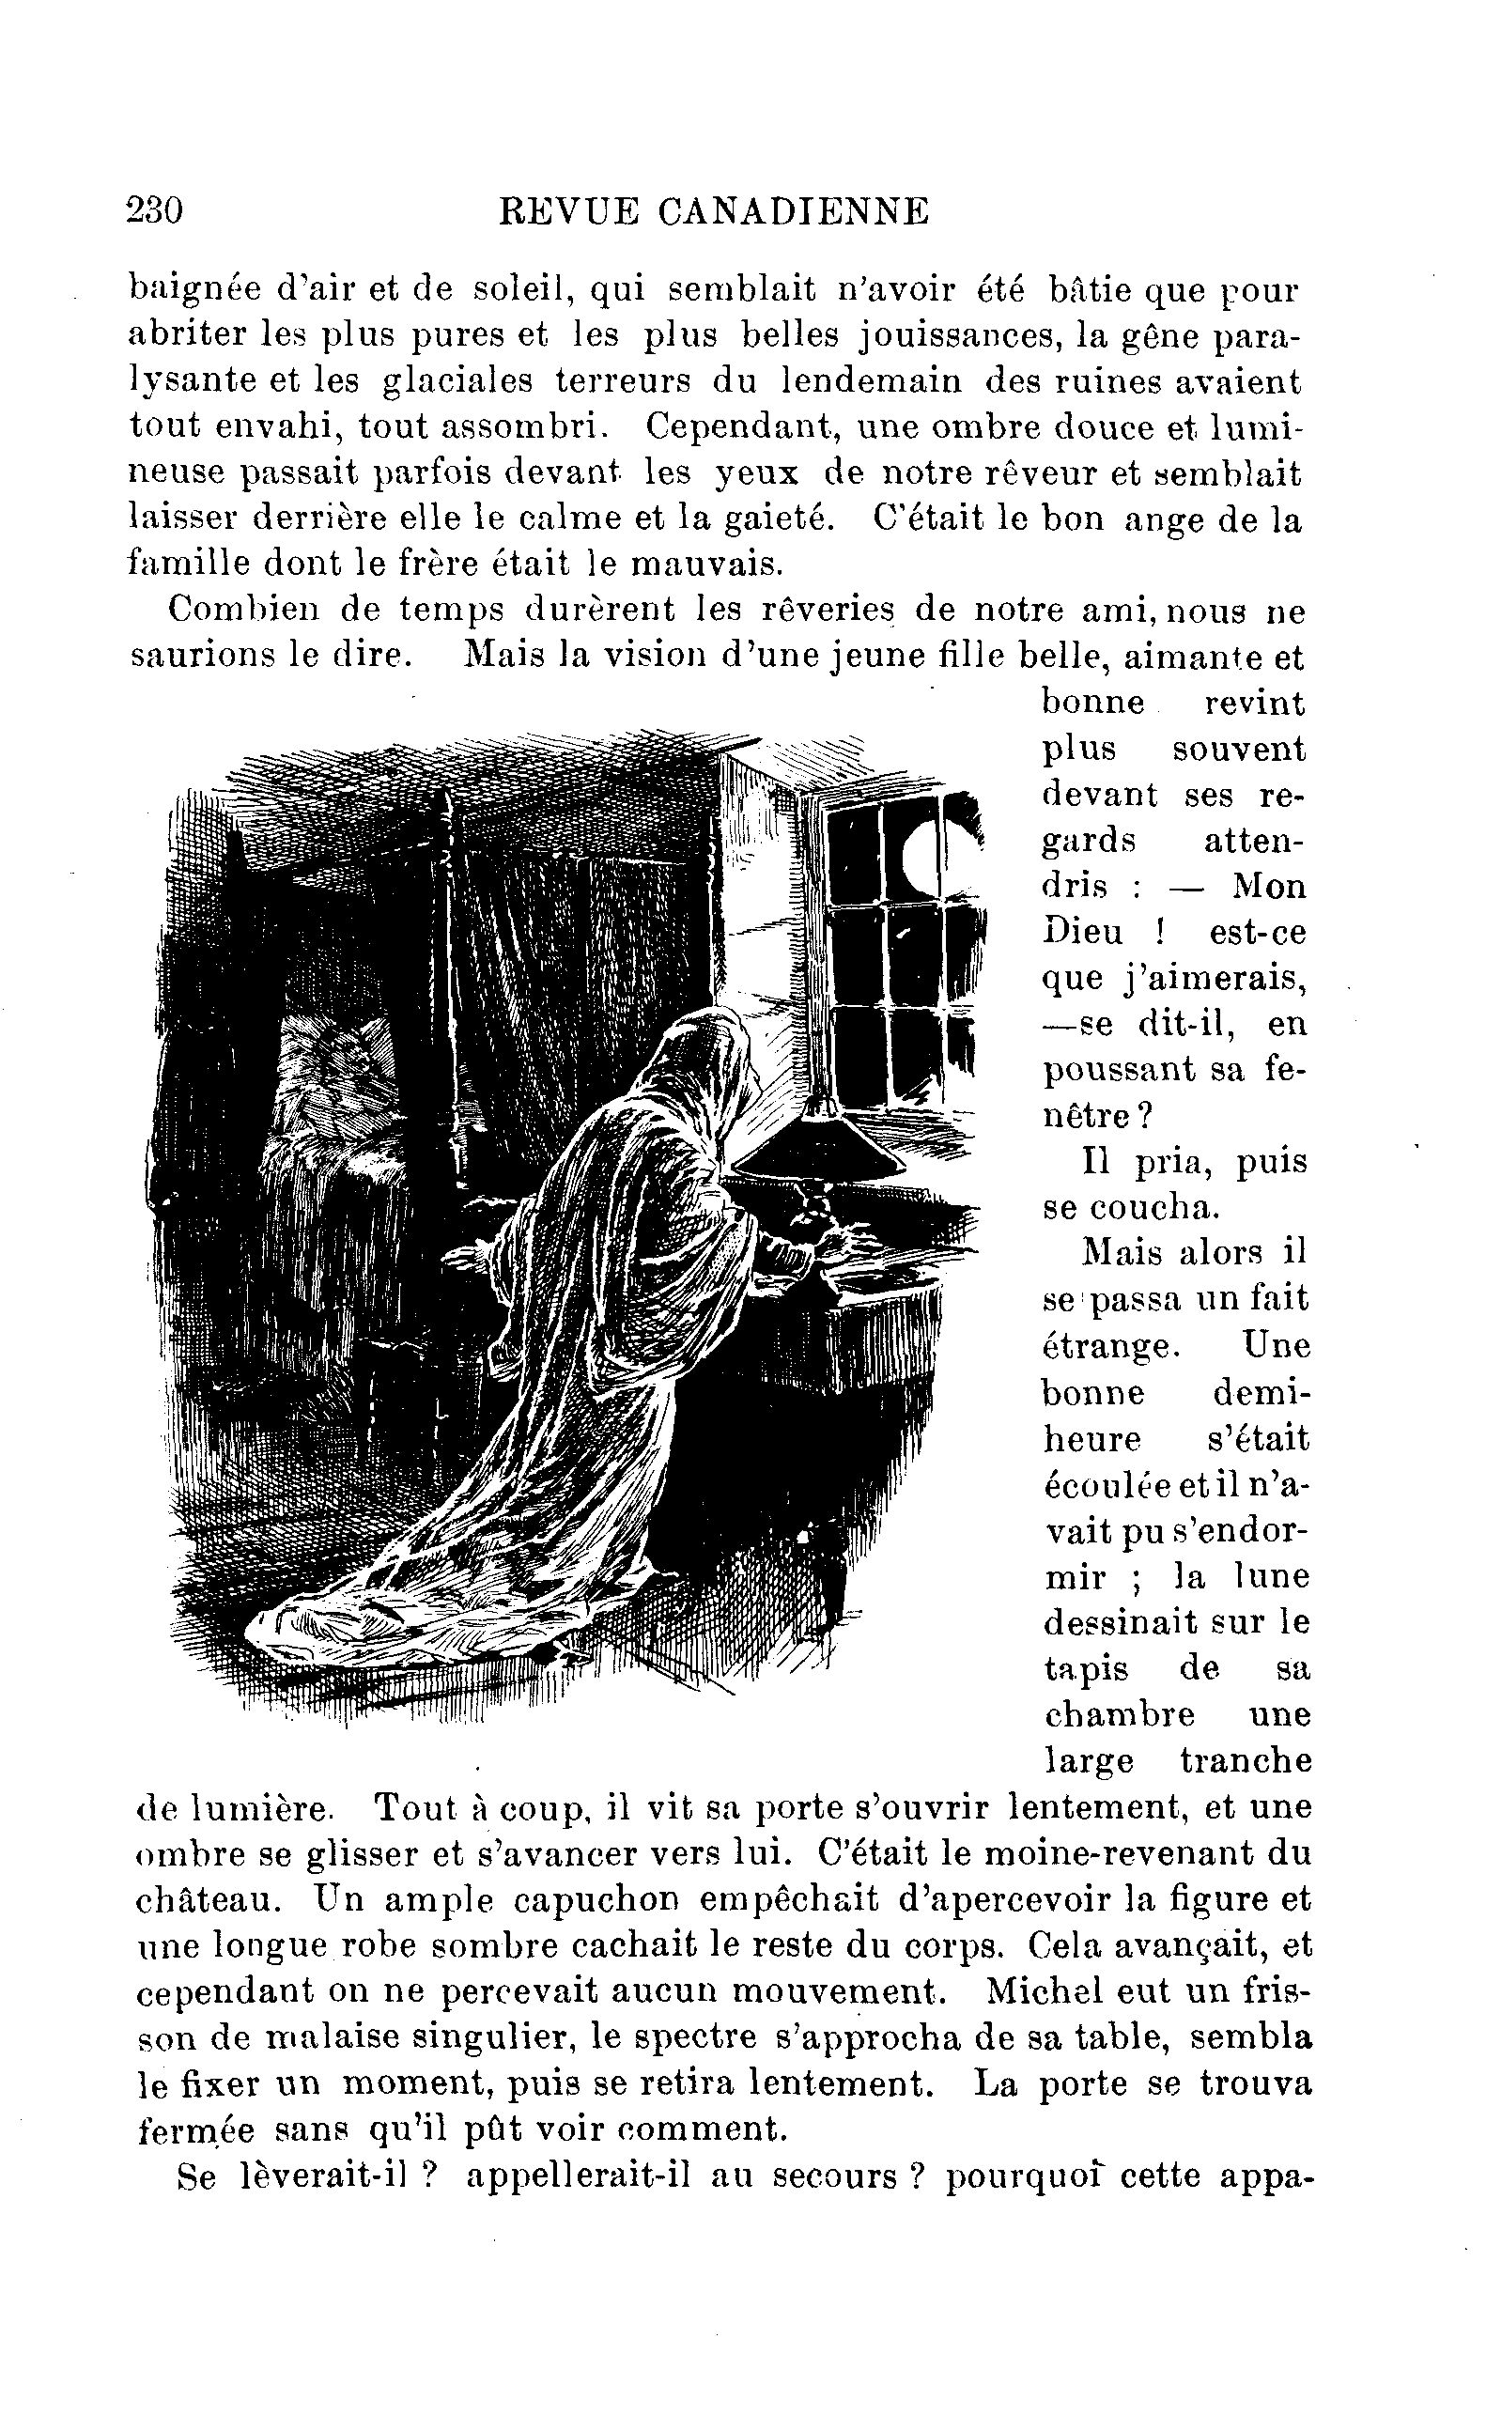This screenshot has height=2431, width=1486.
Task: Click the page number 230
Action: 155,211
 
